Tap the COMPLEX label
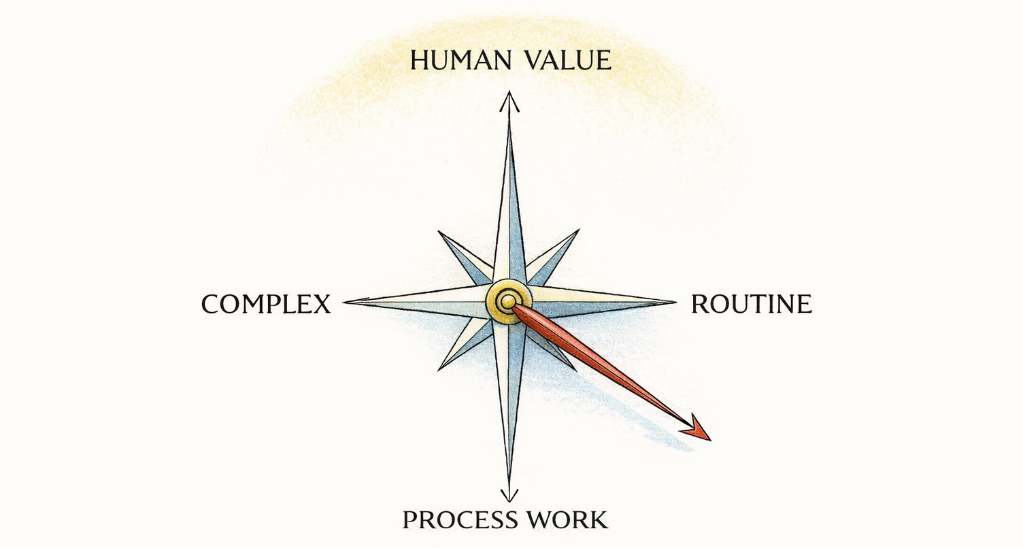(266, 304)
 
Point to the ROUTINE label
(751, 304)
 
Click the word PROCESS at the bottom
(450, 520)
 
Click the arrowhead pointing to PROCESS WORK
(509, 494)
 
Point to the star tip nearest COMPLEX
(348, 301)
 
